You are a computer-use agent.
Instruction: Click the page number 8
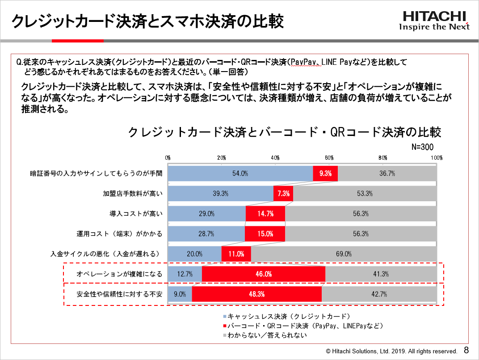click(x=466, y=350)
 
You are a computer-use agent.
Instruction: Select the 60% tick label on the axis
click(x=329, y=158)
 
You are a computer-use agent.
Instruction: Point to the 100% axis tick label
click(x=436, y=158)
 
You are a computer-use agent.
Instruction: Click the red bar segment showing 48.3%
click(x=256, y=294)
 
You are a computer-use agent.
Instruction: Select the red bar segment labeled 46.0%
click(x=264, y=274)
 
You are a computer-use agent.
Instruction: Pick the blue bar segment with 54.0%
click(x=240, y=174)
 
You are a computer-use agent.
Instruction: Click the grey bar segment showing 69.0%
click(x=344, y=254)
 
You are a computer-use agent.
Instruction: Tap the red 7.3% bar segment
click(x=283, y=194)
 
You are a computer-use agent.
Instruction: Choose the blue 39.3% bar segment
click(x=220, y=194)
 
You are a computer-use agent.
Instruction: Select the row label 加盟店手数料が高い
click(x=133, y=194)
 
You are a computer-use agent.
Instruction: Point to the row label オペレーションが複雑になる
click(x=120, y=274)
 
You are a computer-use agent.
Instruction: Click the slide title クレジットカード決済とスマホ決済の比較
click(x=147, y=21)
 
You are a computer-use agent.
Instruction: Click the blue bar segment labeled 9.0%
click(x=180, y=294)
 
